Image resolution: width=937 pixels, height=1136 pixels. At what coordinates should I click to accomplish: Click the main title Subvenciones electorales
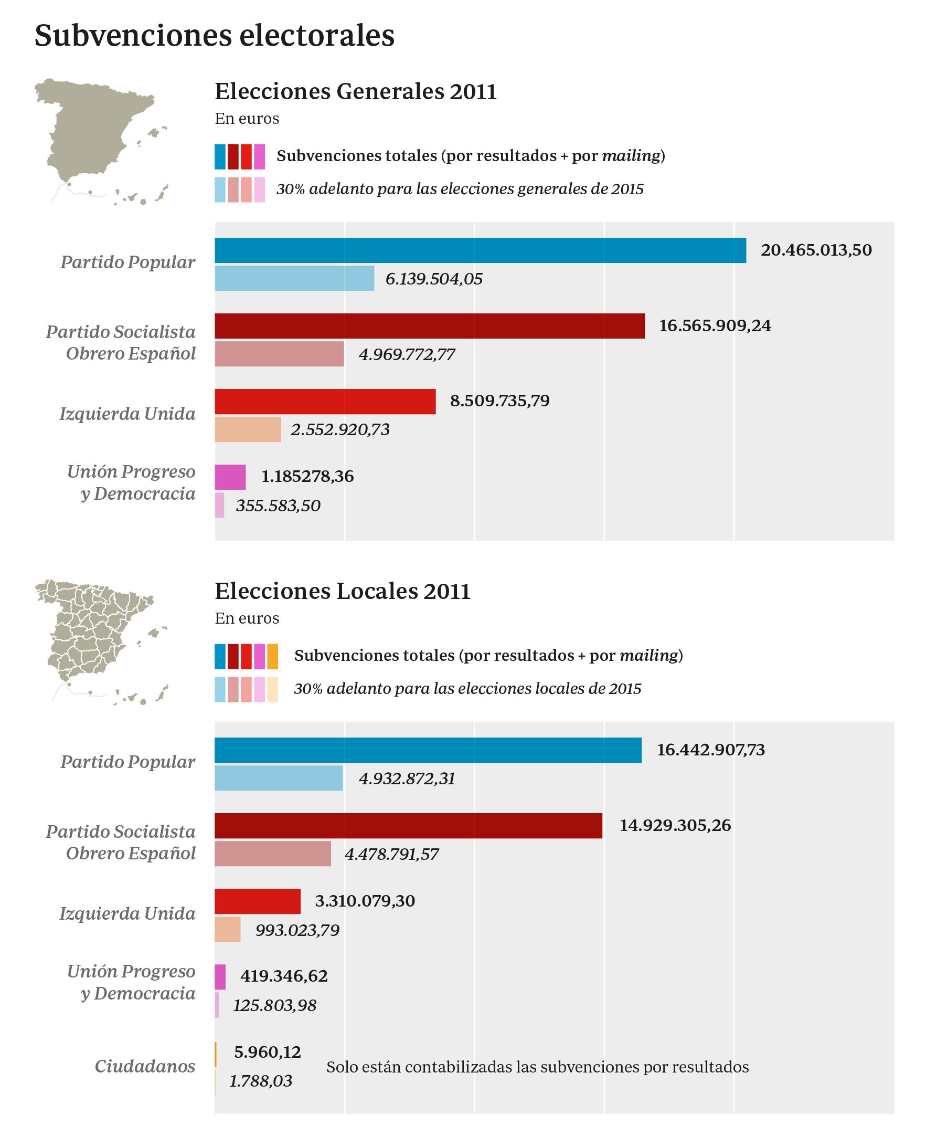(214, 36)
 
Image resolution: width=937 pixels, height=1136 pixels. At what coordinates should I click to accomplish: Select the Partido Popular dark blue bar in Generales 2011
(480, 250)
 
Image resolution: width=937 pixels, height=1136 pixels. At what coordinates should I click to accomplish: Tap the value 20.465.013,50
(816, 250)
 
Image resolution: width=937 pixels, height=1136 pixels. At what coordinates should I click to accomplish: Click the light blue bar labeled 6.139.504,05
(294, 279)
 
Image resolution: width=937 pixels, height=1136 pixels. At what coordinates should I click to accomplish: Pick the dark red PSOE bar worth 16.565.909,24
(429, 326)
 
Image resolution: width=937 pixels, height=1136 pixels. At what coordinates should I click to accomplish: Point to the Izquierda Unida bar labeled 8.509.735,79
(325, 402)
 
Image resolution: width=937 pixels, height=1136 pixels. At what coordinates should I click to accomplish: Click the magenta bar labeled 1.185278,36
(230, 477)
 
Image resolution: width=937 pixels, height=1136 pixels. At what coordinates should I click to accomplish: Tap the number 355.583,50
(278, 506)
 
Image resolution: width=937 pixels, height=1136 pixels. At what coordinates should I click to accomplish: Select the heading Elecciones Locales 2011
(342, 591)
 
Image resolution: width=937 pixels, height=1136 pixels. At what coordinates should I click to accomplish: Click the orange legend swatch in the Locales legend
(273, 657)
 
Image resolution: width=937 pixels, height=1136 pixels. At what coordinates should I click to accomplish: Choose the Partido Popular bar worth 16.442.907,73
(428, 750)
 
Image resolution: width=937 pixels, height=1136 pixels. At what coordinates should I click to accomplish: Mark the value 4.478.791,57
(391, 854)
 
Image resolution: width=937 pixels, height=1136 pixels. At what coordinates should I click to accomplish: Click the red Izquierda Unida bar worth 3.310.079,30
(258, 901)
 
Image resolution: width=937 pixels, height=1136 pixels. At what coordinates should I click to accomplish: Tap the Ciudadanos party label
(145, 1066)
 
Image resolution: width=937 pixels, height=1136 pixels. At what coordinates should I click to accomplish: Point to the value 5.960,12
(267, 1052)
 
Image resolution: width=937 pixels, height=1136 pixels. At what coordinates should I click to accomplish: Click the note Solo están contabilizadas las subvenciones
(537, 1067)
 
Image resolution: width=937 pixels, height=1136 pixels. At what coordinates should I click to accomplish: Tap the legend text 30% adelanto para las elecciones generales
(460, 189)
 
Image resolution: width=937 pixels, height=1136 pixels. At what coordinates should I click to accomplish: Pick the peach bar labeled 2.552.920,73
(248, 430)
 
